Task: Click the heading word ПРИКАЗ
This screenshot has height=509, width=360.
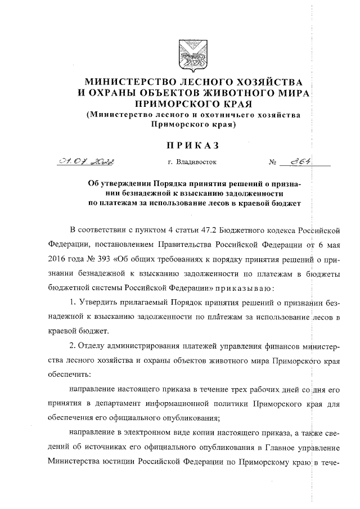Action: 190,146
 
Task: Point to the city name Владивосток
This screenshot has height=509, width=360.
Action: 192,164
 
